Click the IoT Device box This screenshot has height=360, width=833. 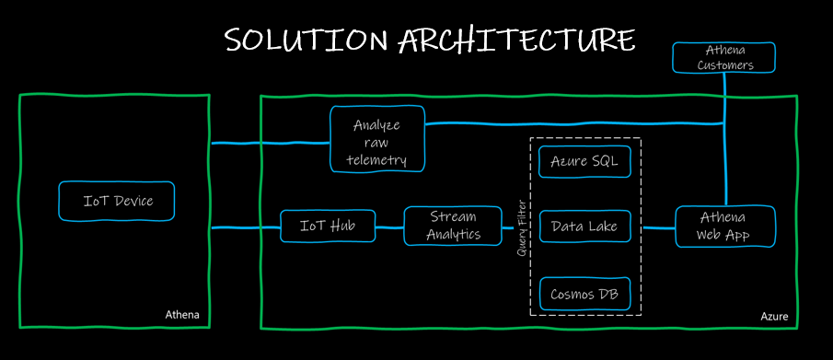coord(117,201)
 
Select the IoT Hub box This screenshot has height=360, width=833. coord(328,226)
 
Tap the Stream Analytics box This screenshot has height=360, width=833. coord(453,226)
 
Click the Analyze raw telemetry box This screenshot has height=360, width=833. coord(376,140)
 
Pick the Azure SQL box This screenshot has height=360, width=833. coord(584,161)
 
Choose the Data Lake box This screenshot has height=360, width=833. coord(584,226)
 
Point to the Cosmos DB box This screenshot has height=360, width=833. coord(584,294)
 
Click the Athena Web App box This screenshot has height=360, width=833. coord(725,226)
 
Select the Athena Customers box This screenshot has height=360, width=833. coord(725,57)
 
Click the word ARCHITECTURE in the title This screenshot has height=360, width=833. coord(516,40)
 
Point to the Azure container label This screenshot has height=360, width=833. coord(773,317)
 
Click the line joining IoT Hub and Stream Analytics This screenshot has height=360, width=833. coord(389,226)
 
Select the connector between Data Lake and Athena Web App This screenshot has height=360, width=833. coord(658,227)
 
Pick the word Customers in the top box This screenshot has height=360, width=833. coord(725,65)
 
